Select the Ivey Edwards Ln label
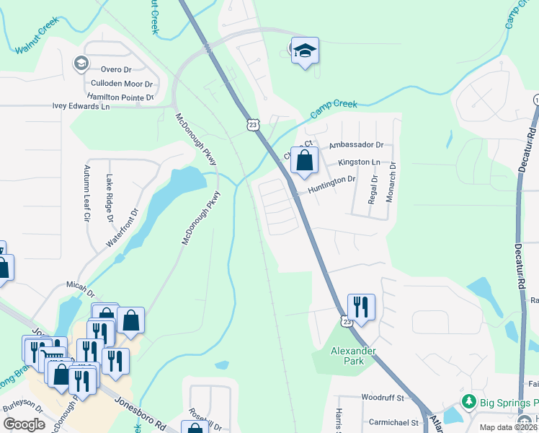click(81, 106)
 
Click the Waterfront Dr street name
click(122, 227)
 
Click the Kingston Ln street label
click(358, 163)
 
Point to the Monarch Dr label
click(392, 180)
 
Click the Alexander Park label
click(344, 356)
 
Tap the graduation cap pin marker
click(305, 51)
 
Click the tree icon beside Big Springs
click(469, 401)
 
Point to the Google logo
click(24, 424)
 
